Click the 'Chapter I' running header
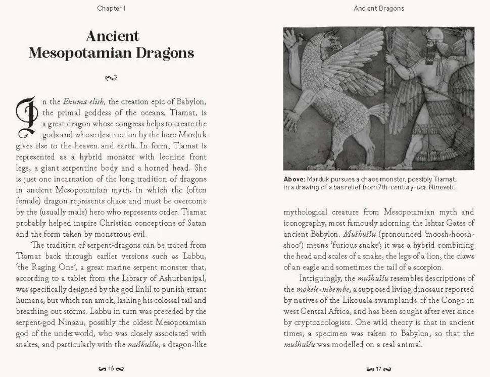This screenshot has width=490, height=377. click(111, 8)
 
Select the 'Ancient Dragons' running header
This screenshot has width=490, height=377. click(379, 8)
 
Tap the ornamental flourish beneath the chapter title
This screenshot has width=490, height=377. click(111, 78)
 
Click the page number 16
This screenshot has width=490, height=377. click(111, 369)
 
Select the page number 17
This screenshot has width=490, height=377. click(379, 369)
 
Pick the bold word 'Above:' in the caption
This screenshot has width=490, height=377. click(292, 179)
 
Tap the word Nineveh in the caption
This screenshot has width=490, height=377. click(442, 187)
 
